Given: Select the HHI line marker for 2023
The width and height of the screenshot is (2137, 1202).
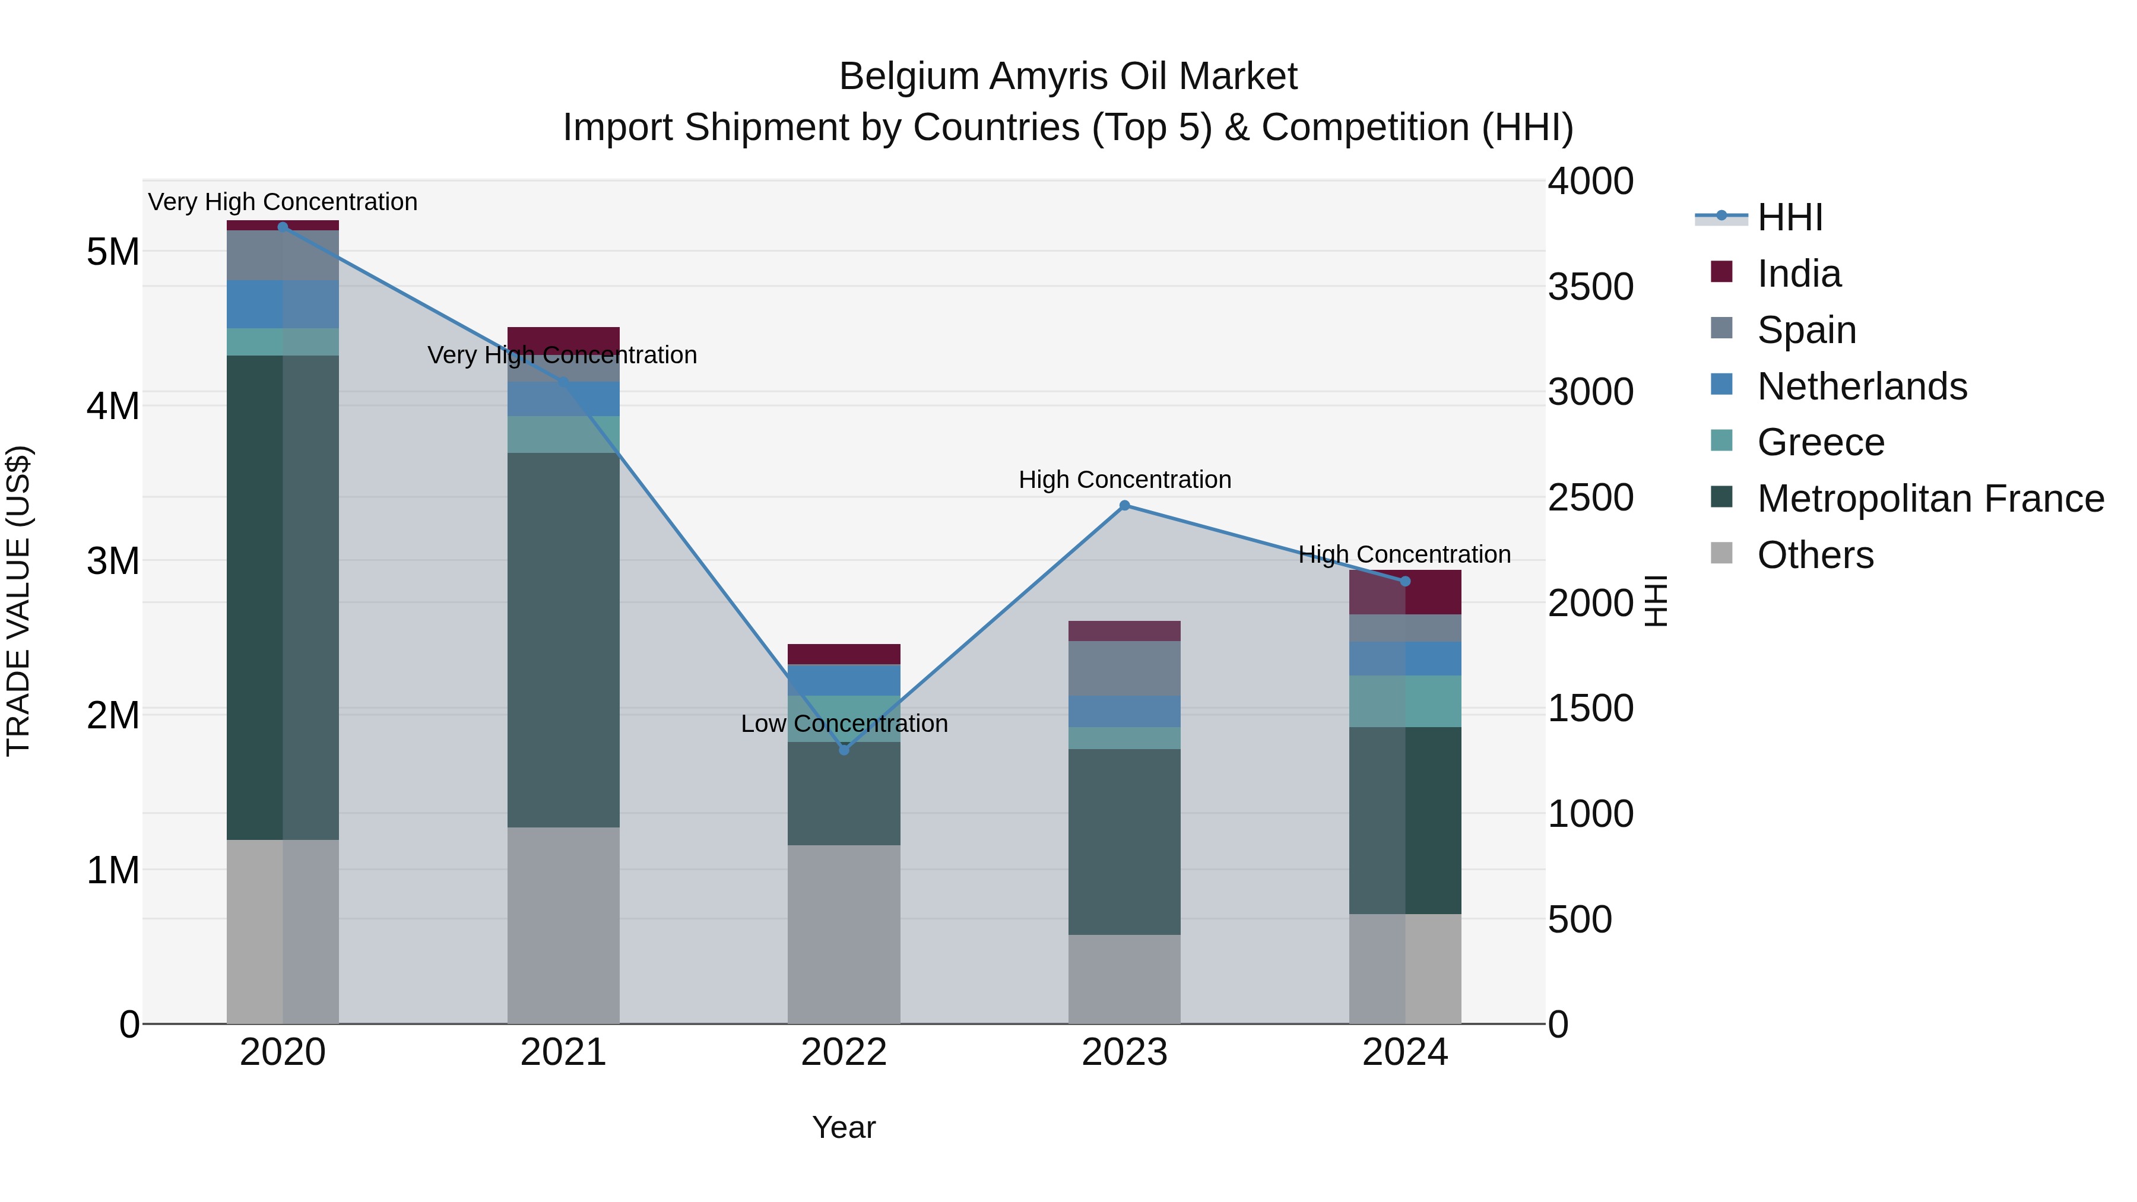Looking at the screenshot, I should coord(1124,505).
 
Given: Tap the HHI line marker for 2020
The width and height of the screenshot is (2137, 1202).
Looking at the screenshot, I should coord(283,227).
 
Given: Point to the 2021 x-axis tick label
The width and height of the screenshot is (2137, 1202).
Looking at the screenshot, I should coord(563,1052).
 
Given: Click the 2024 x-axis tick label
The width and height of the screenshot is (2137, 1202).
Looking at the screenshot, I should coord(1404,1052).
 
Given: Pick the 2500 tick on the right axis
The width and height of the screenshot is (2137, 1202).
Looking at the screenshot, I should coord(1590,498).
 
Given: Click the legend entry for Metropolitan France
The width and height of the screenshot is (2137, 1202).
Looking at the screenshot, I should coord(1930,499).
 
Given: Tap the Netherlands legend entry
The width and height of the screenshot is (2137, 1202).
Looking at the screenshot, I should coord(1861,386).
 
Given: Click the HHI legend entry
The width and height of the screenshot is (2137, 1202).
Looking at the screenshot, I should coord(1789,217).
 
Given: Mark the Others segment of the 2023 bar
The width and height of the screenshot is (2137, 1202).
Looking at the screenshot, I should coord(1124,979).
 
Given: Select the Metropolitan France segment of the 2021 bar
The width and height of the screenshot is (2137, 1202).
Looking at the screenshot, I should coord(563,639).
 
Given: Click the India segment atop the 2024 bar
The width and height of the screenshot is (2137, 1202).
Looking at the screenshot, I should coord(1404,592).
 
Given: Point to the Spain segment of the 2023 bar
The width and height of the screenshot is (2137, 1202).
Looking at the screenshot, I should coord(1124,668).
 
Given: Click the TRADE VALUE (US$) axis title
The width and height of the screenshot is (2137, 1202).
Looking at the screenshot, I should coord(18,601).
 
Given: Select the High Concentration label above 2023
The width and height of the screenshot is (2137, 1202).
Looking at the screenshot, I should coord(1124,480).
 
